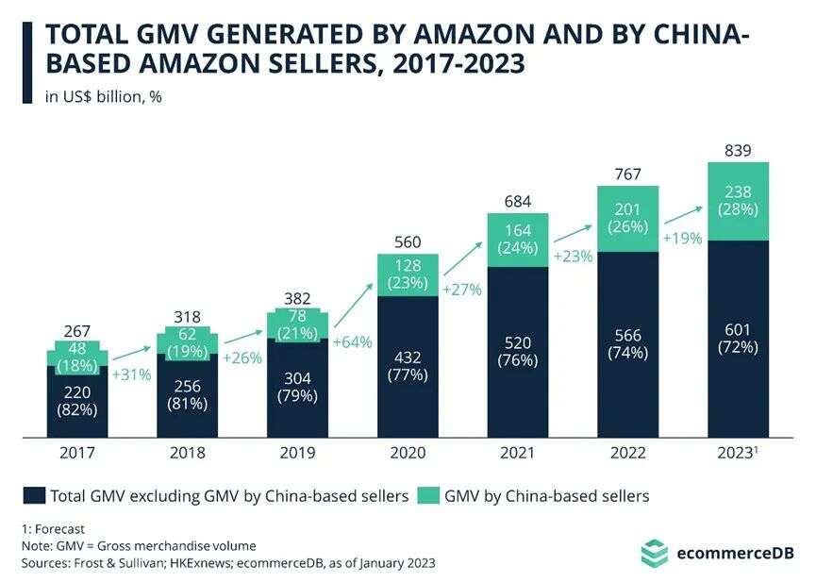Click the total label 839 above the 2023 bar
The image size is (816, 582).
click(739, 150)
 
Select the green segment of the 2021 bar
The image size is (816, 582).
click(518, 240)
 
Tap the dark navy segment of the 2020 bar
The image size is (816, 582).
click(408, 366)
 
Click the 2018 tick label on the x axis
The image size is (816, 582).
click(187, 452)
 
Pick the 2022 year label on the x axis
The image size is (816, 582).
click(627, 452)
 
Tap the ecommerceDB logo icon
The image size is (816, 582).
click(654, 552)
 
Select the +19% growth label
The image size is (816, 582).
click(682, 239)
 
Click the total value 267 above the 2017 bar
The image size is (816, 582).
click(76, 333)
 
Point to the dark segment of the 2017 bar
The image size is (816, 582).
click(76, 401)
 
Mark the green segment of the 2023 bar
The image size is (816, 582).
click(739, 200)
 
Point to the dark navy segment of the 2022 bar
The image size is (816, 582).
click(627, 344)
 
